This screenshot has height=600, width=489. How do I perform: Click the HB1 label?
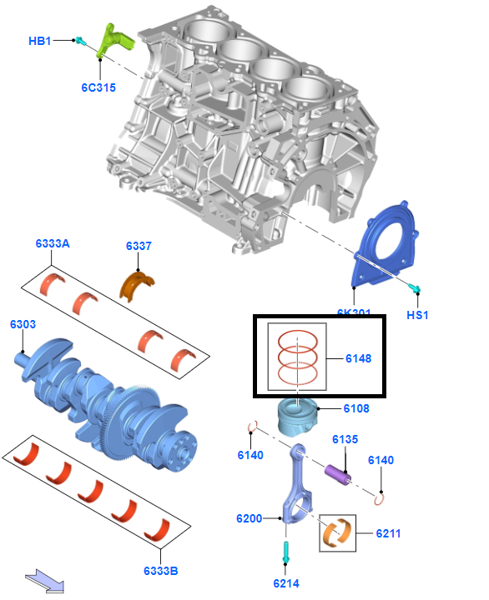point(40,41)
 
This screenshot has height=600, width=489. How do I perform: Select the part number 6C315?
point(98,87)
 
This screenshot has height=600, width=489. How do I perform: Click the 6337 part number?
point(139,246)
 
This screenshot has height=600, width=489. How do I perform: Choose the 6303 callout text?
point(23,322)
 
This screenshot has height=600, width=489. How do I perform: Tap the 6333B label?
point(160,571)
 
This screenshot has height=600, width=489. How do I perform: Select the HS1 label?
point(417,315)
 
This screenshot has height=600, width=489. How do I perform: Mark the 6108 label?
point(355,408)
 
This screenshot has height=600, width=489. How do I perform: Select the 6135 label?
point(345,439)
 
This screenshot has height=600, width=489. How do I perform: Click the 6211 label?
point(389,532)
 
